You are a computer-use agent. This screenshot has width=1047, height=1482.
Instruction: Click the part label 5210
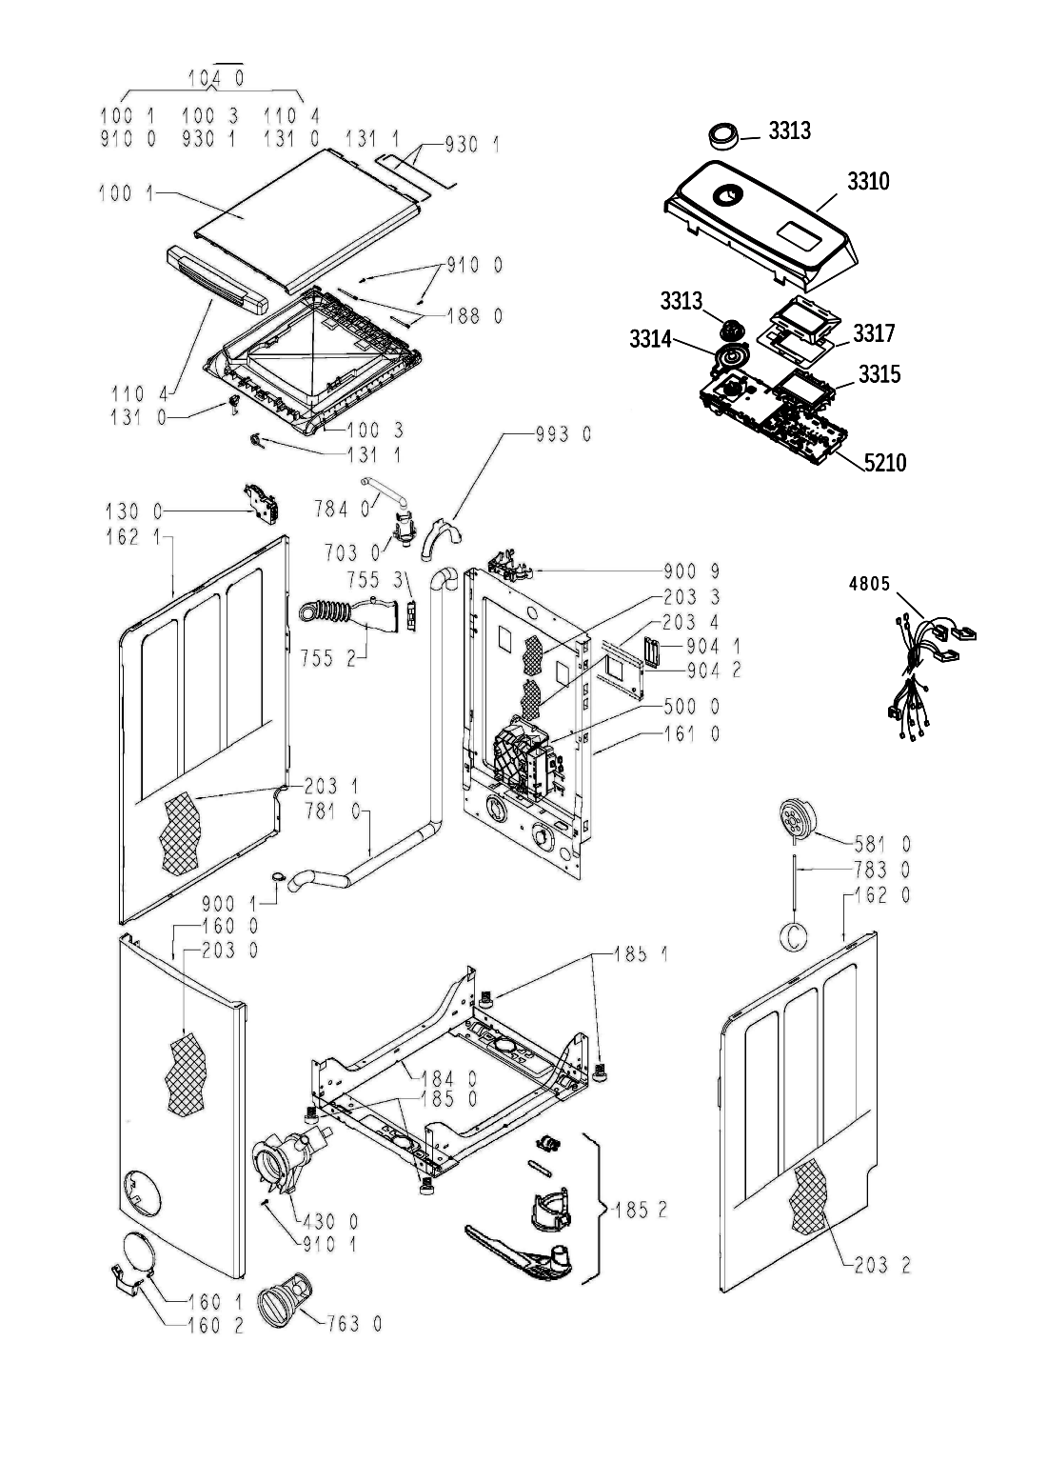tap(885, 463)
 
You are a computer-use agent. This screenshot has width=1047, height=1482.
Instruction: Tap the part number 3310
tap(868, 181)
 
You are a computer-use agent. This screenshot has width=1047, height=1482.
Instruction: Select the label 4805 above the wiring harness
tap(869, 584)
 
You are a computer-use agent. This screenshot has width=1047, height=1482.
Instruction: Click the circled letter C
tap(794, 936)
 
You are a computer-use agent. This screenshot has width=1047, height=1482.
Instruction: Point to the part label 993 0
tap(563, 434)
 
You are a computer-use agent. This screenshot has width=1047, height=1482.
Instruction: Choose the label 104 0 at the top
tap(216, 78)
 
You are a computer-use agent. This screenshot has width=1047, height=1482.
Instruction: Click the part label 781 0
tap(333, 811)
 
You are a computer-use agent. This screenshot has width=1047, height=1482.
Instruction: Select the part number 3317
tap(874, 332)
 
